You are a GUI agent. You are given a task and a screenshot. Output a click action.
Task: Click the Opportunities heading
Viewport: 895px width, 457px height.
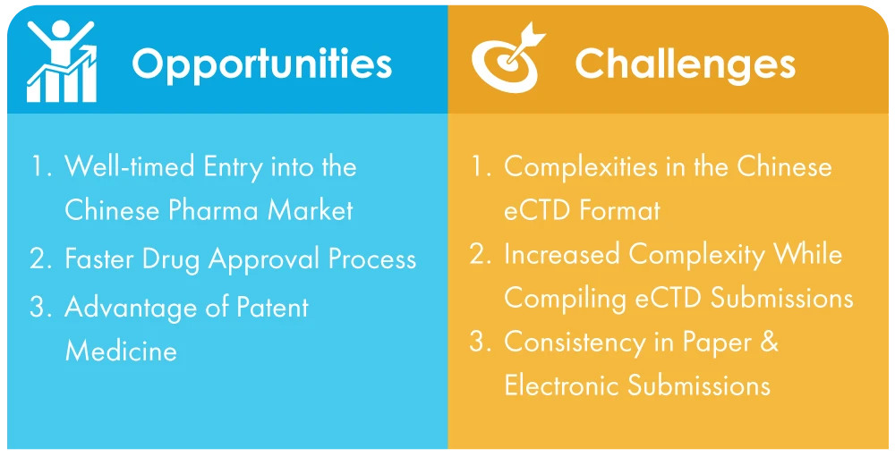tap(262, 63)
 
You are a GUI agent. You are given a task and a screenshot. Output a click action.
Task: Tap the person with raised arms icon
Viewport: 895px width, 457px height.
tap(62, 62)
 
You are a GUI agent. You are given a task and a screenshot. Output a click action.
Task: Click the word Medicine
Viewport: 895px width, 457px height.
tap(121, 350)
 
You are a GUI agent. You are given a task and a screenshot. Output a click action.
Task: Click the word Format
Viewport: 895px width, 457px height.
tap(620, 210)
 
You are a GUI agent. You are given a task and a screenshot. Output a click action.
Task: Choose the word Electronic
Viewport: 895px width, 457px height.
tap(562, 385)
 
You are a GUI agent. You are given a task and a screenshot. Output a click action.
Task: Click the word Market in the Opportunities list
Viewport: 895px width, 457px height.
tap(316, 210)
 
